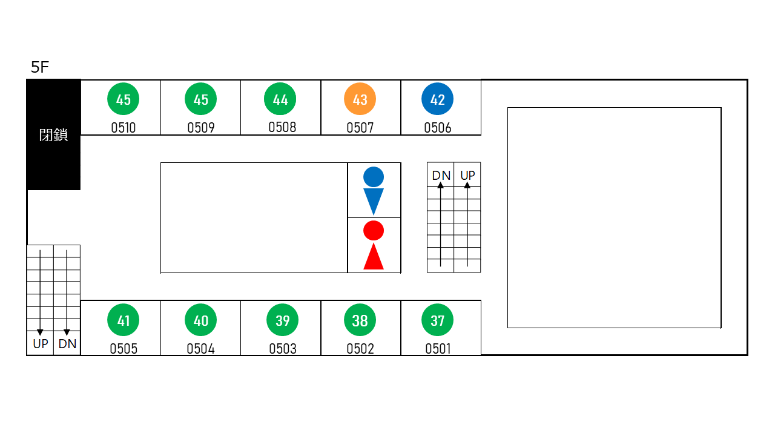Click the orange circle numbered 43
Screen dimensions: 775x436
pos(360,99)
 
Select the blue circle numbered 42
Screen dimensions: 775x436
pos(437,99)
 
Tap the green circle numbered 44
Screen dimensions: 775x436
pos(280,99)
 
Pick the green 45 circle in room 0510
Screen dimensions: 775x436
pos(123,99)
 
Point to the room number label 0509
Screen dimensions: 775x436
pos(200,128)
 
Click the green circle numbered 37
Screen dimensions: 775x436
pos(437,320)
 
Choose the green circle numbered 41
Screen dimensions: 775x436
pos(123,320)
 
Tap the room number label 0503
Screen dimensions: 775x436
pos(283,348)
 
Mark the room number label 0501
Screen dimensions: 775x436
pos(438,348)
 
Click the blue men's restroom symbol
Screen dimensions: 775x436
pos(374,191)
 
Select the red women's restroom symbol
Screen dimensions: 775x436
pos(374,245)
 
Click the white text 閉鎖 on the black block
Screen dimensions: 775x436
pos(53,135)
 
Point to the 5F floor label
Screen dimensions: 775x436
pos(40,67)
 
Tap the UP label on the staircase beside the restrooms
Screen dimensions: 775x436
pos(467,176)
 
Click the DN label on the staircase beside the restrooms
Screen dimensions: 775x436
pos(441,176)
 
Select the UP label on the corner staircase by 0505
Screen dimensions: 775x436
pos(41,344)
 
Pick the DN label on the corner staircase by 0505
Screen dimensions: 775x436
pos(67,344)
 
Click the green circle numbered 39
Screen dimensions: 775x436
pos(282,320)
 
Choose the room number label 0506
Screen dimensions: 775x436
pos(438,128)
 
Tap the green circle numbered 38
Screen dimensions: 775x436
pos(360,320)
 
